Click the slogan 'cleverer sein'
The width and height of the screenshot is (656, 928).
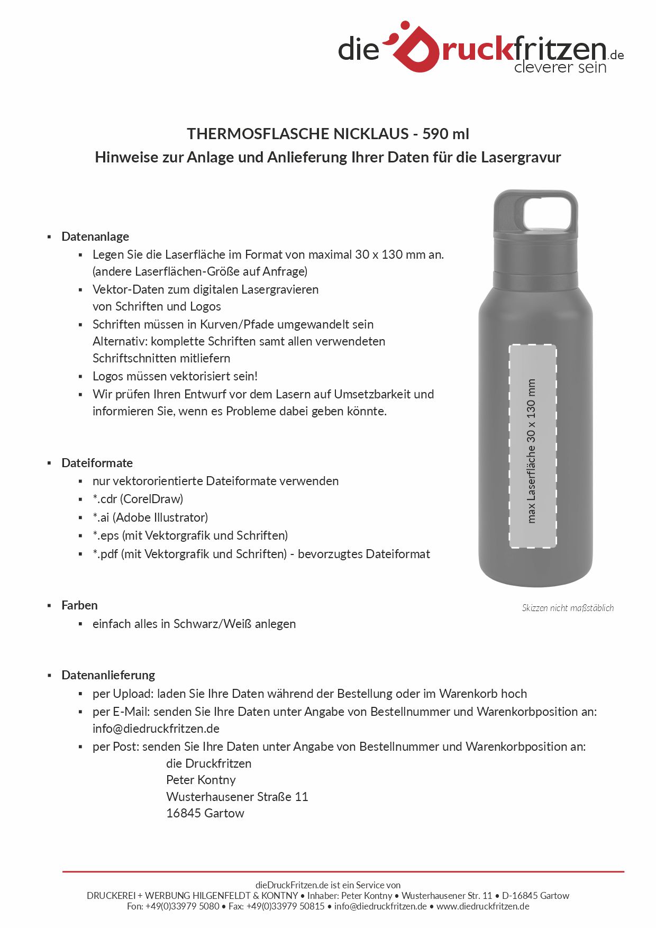[560, 67]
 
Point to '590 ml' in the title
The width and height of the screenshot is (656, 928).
[445, 134]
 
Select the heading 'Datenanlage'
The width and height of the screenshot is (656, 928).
[95, 236]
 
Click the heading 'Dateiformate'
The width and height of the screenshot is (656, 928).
[97, 463]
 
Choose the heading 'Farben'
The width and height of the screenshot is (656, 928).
[79, 605]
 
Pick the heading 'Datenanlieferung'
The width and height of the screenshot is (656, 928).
[108, 675]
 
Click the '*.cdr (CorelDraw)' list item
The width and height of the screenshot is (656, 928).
[138, 499]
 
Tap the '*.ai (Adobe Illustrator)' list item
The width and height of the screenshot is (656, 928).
[150, 517]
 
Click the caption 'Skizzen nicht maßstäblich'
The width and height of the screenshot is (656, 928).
[568, 608]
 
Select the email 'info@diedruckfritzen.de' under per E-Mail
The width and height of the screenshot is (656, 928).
[156, 729]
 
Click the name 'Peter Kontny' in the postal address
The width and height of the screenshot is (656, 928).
[201, 780]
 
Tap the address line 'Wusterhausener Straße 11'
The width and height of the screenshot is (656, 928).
[237, 797]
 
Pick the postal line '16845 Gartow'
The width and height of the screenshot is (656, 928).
[205, 813]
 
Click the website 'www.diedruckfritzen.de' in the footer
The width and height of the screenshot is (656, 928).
[482, 906]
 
